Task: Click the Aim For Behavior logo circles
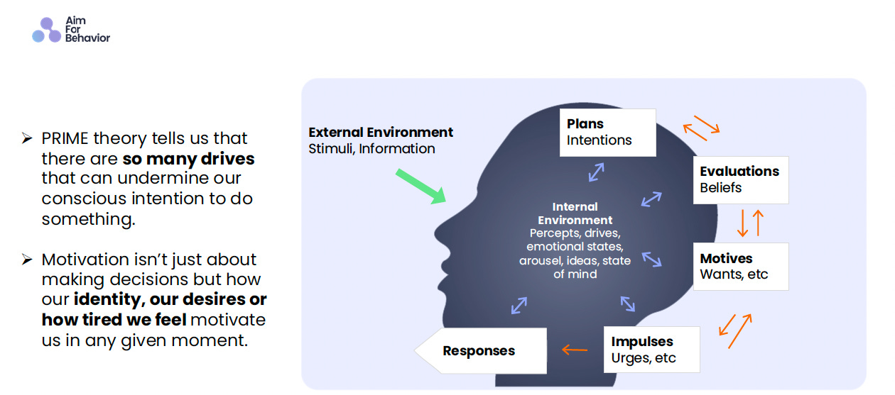pos(47,30)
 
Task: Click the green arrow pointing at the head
pos(420,186)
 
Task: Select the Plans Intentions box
pos(607,132)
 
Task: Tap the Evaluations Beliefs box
pos(740,179)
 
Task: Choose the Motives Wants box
pos(740,266)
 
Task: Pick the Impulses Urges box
pos(651,349)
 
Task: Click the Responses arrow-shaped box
pos(480,350)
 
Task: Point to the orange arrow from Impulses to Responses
pos(575,350)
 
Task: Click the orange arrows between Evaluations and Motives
pos(750,223)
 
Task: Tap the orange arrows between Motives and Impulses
pos(734,330)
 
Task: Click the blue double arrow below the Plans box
pos(595,172)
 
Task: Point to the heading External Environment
pos(381,132)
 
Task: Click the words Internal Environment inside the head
pos(575,213)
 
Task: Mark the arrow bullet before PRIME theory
pos(27,138)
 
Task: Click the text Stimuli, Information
pos(371,149)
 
